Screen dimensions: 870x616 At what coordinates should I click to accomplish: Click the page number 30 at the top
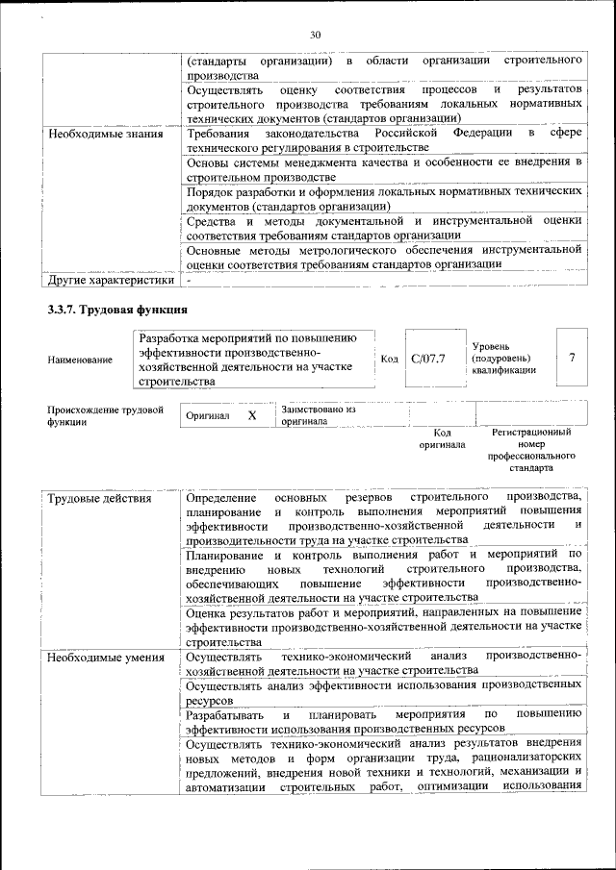315,36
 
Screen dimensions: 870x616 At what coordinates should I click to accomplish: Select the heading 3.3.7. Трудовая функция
116,310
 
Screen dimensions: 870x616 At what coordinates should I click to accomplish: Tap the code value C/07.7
427,359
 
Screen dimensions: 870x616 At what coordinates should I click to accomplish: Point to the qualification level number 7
572,358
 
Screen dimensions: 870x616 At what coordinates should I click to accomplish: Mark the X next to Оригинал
252,415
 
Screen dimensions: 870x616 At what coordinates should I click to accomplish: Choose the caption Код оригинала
442,439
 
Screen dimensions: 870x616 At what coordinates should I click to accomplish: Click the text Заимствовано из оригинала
319,415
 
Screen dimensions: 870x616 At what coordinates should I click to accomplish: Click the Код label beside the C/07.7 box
389,359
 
